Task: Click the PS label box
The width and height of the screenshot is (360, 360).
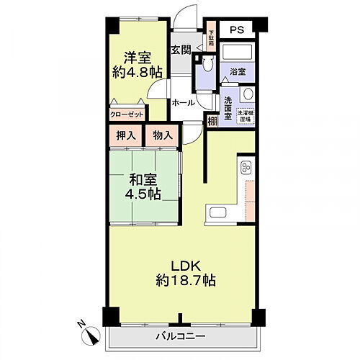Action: tap(237, 30)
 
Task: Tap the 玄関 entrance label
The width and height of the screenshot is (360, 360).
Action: tap(181, 50)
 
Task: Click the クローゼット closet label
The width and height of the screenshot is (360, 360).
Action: tap(127, 114)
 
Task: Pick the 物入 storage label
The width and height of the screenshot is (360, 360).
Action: tap(162, 135)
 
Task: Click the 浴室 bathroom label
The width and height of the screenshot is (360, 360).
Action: tap(237, 71)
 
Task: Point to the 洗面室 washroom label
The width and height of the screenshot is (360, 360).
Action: tap(228, 106)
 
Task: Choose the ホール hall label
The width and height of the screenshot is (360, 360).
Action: tap(183, 103)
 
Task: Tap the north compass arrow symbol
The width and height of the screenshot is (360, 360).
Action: tap(91, 333)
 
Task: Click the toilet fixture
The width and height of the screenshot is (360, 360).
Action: tap(207, 66)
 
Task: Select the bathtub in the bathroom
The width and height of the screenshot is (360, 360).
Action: tap(237, 53)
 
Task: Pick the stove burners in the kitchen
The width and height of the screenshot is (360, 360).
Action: tap(245, 168)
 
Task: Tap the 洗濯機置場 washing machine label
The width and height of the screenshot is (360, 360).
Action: tap(248, 115)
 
